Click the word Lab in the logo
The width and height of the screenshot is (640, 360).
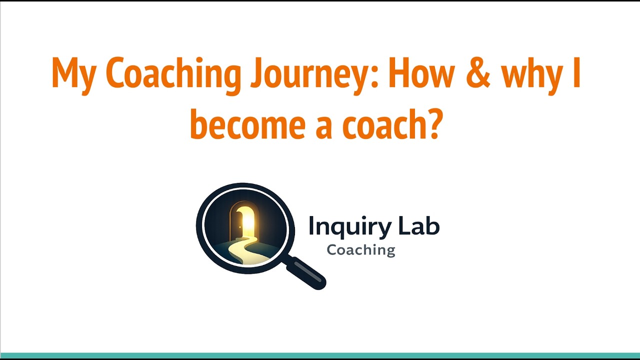(x=418, y=226)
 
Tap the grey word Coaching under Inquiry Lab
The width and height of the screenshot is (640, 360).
(x=361, y=249)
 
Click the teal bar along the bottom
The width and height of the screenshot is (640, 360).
(x=320, y=355)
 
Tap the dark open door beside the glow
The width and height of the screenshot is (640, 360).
(x=235, y=222)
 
